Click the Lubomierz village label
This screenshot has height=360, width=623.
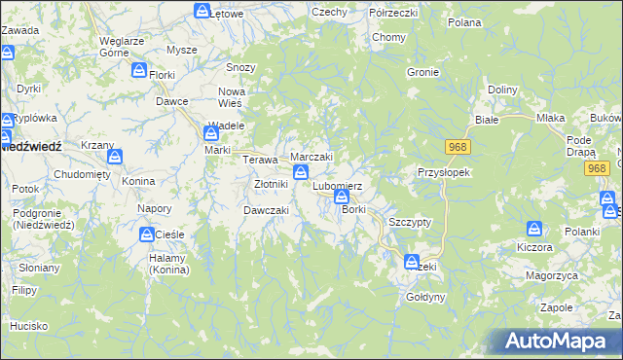point(337,186)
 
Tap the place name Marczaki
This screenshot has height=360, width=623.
point(312,158)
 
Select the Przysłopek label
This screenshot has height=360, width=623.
point(444,172)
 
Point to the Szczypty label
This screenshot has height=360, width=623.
point(410,222)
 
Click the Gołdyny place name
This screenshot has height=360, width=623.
point(425,297)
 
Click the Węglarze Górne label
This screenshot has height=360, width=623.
point(123,47)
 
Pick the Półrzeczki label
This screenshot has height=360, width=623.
point(393,12)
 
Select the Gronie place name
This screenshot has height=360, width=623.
point(423,73)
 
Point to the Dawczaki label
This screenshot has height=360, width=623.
point(265,210)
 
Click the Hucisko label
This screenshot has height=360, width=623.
point(30,327)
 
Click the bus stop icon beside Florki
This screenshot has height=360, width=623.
point(139,70)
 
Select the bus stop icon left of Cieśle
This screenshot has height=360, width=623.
point(146,234)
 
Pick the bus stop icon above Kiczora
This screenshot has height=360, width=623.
point(534,230)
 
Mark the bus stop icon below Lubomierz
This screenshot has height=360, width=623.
point(342,198)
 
